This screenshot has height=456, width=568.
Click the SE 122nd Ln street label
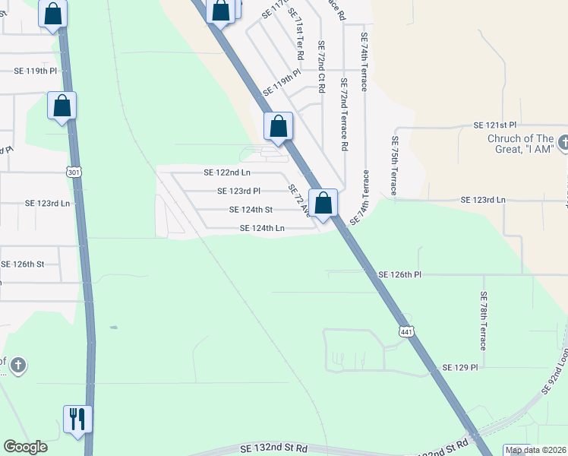tap(226, 173)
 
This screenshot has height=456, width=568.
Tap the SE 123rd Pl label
tap(239, 192)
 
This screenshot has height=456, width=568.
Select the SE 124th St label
tap(251, 210)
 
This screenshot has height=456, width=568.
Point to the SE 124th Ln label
tap(262, 228)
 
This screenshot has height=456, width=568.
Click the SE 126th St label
tap(23, 264)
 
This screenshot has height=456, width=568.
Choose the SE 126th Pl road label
tap(401, 274)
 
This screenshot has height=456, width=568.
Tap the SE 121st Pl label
tap(494, 125)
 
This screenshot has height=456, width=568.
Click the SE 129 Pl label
tap(460, 368)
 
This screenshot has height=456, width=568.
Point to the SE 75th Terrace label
tap(395, 166)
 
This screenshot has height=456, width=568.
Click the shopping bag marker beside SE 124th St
tap(323, 203)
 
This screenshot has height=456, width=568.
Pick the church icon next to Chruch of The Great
tap(563, 141)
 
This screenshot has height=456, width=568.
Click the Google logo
tap(25, 447)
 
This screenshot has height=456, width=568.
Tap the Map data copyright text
tap(535, 451)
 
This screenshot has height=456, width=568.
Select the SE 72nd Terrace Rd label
tap(344, 113)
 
